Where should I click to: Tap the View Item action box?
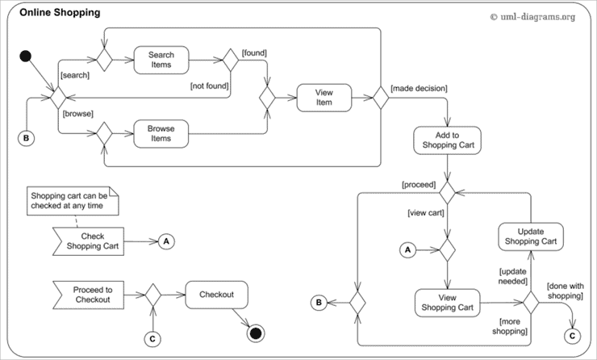pos(324,98)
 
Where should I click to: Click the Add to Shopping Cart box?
pos(447,140)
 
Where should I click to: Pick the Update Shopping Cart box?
pos(529,237)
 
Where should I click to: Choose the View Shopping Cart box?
pos(447,304)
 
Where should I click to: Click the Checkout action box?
pos(216,295)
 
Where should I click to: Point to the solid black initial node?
pos(26,57)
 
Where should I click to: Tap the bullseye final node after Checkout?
pos(256,333)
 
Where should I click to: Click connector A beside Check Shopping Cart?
pos(166,241)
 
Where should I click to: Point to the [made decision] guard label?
pos(419,87)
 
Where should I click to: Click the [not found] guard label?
pos(209,85)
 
